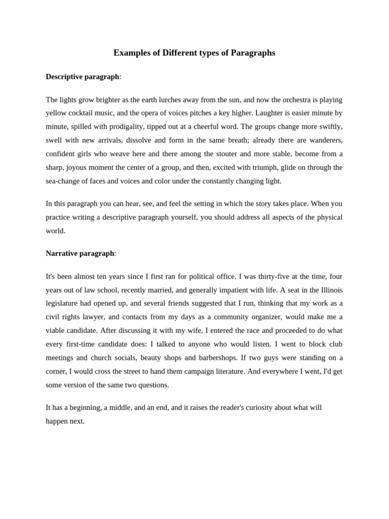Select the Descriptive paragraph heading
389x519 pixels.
tap(83, 77)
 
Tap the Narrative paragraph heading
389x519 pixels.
tap(80, 253)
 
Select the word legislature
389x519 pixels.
tap(63, 303)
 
